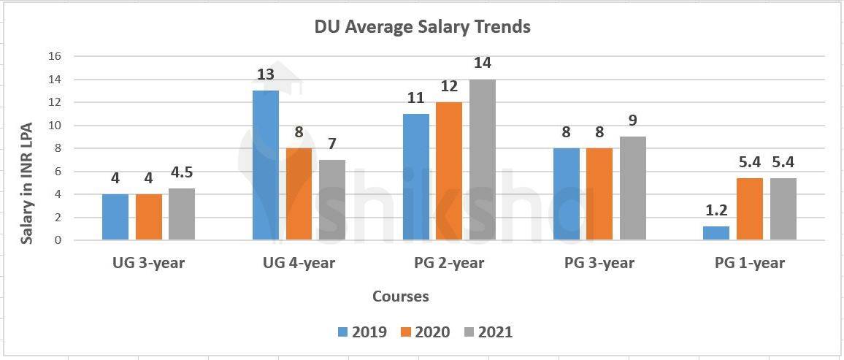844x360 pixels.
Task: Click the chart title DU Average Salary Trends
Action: click(x=422, y=27)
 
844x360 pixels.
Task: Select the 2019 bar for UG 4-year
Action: click(x=266, y=165)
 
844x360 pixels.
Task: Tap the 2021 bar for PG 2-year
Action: click(x=483, y=159)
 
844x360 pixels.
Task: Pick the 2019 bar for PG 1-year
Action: click(x=716, y=233)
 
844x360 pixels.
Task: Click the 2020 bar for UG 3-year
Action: click(x=149, y=217)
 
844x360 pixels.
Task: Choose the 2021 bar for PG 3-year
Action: click(x=633, y=188)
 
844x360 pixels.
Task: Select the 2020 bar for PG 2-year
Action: click(x=449, y=171)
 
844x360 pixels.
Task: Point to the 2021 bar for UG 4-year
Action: click(x=332, y=199)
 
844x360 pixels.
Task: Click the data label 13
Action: click(x=266, y=74)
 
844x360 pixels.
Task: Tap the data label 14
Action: click(x=483, y=63)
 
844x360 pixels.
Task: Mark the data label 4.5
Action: click(x=182, y=172)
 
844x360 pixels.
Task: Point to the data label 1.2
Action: click(x=716, y=211)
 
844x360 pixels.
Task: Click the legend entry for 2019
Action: click(x=362, y=332)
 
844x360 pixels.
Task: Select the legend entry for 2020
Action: click(x=425, y=332)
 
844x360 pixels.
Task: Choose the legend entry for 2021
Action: click(x=488, y=332)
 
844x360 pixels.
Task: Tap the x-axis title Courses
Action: click(x=401, y=296)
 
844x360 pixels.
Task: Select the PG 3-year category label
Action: click(x=599, y=263)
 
